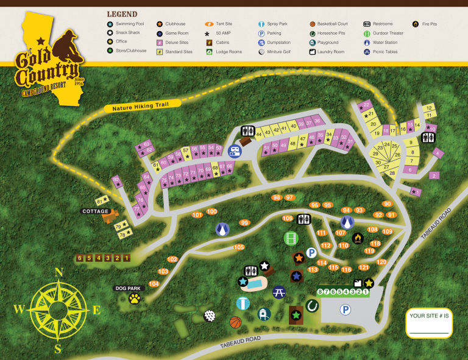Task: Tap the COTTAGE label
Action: click(x=96, y=211)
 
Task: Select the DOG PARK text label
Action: click(x=128, y=288)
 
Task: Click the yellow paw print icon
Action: click(x=134, y=298)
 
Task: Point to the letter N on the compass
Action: click(x=59, y=273)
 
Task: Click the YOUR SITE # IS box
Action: click(x=429, y=322)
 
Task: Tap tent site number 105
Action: click(x=238, y=247)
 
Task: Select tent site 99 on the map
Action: click(x=244, y=223)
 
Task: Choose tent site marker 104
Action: click(x=154, y=284)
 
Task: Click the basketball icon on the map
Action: click(x=235, y=322)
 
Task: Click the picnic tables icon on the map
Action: click(x=279, y=292)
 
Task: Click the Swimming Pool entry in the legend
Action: click(x=129, y=24)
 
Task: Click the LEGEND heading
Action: click(x=122, y=14)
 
